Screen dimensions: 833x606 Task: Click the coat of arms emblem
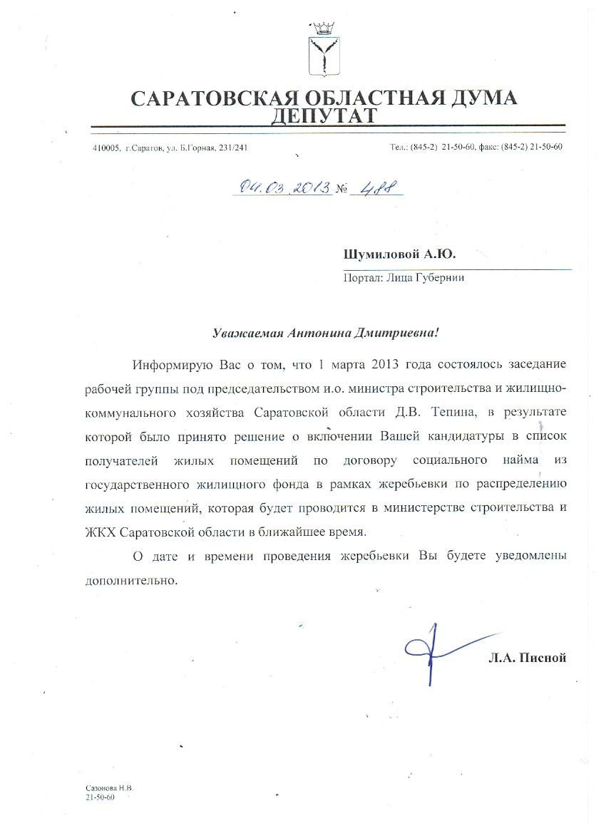click(x=325, y=48)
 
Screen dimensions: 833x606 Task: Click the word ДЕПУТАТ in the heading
click(x=324, y=115)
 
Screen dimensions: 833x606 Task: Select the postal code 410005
click(x=106, y=148)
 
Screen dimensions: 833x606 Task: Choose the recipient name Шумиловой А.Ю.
click(x=399, y=254)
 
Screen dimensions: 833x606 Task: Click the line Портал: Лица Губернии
click(x=404, y=278)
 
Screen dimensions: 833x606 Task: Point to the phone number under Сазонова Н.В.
click(x=99, y=797)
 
